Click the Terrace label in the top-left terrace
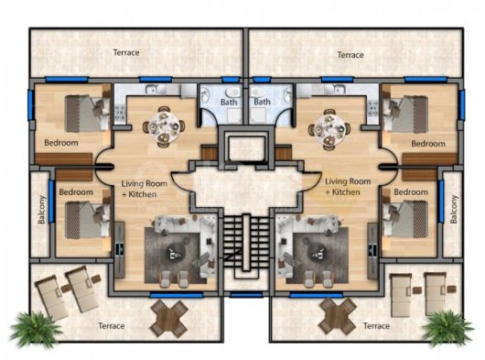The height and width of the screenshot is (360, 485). (126, 52)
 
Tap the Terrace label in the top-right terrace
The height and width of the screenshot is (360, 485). (350, 55)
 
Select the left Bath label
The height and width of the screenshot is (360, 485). (229, 102)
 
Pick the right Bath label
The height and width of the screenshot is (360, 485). (262, 102)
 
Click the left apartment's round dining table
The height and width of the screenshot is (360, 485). (164, 127)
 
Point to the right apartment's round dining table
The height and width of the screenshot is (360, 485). (330, 129)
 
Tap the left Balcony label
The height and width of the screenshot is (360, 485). (42, 210)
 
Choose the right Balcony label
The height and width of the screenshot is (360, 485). (454, 209)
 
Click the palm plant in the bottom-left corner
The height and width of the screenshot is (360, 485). (35, 329)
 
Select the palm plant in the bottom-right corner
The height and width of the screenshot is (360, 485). (447, 328)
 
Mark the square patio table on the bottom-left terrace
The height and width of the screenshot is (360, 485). (169, 319)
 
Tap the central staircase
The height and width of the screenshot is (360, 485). (246, 243)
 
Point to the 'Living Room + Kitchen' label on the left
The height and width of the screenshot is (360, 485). (144, 189)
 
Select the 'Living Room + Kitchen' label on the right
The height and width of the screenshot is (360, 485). (348, 187)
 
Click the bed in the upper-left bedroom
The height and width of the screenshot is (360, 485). (87, 113)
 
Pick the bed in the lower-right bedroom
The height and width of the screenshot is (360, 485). (405, 219)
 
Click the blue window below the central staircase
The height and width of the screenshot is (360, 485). (246, 294)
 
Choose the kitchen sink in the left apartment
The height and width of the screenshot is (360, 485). (152, 90)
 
